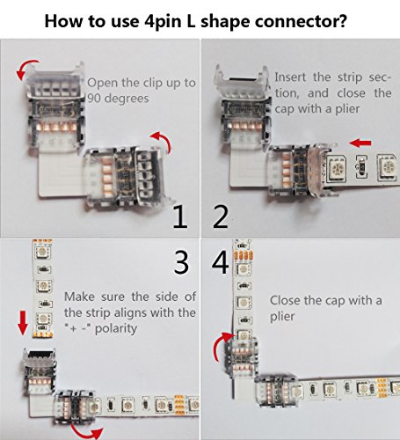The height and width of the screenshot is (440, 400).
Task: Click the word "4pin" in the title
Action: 165,22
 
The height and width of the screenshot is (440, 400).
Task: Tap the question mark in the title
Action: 342,20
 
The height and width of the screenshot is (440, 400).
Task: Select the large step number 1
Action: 180,217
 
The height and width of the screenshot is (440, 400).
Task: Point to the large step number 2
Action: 221,217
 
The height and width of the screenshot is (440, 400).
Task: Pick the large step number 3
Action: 181,262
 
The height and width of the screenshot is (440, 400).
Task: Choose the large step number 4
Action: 221,262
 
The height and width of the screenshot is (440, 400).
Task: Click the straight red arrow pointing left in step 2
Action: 360,143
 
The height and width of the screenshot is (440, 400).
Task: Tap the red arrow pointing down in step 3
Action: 23,323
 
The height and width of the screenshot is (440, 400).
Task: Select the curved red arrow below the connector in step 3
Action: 85,432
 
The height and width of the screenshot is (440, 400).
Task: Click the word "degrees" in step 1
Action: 127,99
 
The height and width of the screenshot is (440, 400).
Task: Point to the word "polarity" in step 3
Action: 116,329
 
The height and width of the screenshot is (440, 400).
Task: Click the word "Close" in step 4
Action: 285,300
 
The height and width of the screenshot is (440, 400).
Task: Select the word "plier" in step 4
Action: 282,317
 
